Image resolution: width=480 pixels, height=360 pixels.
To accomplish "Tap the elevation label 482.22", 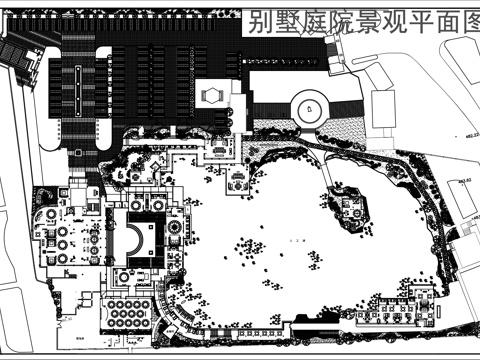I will pyautogui.click(x=467, y=136).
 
